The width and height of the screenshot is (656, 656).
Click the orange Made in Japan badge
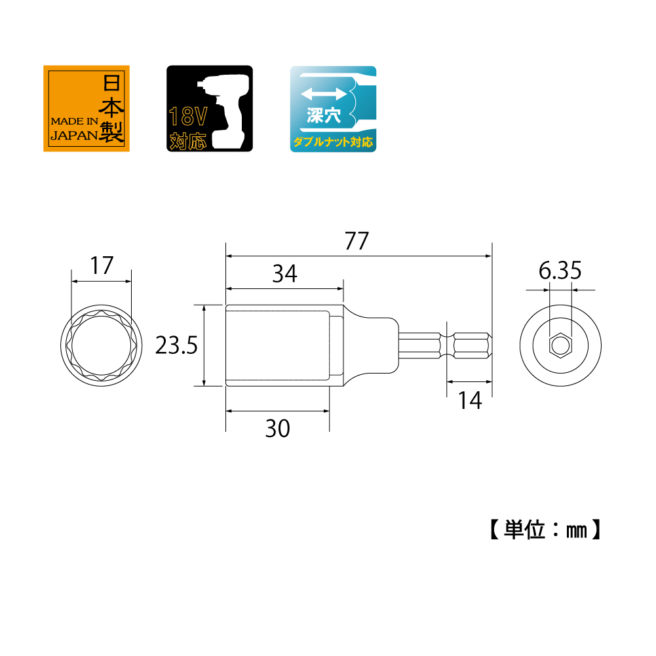pos(87,108)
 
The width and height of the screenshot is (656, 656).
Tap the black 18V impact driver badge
pos(210,108)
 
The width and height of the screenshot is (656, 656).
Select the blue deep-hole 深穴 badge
pos(333,109)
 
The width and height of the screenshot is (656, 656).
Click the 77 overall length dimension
pos(357,241)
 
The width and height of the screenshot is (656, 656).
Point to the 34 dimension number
pos(285,274)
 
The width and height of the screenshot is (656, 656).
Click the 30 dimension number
pos(277,429)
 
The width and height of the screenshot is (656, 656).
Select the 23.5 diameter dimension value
pos(176,345)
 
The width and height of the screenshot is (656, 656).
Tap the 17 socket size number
pos(102,265)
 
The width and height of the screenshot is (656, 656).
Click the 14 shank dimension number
pos(471,400)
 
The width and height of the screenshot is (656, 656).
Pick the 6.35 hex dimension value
pos(560,270)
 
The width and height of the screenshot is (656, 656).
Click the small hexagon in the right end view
pos(560,345)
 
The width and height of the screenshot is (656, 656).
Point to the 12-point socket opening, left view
pos(101,345)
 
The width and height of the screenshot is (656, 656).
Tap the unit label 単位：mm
pos(545,530)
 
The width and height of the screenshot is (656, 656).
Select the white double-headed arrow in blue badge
pos(323,94)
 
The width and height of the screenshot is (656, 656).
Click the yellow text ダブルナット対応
pos(333,142)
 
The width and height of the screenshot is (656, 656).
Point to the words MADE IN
pos(75,121)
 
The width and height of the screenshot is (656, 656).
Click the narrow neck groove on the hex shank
pos(447,345)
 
